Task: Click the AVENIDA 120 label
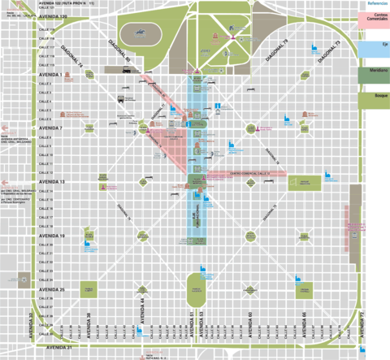[x=50, y=15]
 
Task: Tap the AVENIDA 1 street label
[x=50, y=74]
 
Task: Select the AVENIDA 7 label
[x=50, y=128]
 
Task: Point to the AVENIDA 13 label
[x=50, y=182]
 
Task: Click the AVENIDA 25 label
[x=50, y=289]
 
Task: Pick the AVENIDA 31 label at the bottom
[x=57, y=347]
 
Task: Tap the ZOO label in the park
[x=205, y=50]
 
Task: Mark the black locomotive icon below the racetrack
[x=126, y=70]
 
